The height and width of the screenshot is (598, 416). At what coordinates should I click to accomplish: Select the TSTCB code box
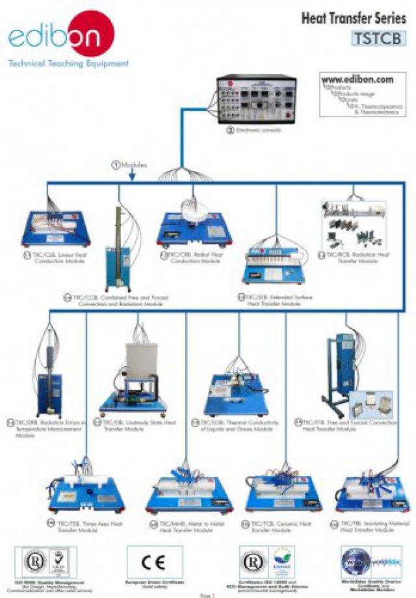pos(379,38)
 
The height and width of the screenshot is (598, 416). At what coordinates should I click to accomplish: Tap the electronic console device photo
pos(256,99)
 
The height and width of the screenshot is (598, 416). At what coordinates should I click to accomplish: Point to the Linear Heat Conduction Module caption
pos(58,258)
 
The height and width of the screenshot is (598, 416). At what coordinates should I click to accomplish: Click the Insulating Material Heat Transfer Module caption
pos(370,526)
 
